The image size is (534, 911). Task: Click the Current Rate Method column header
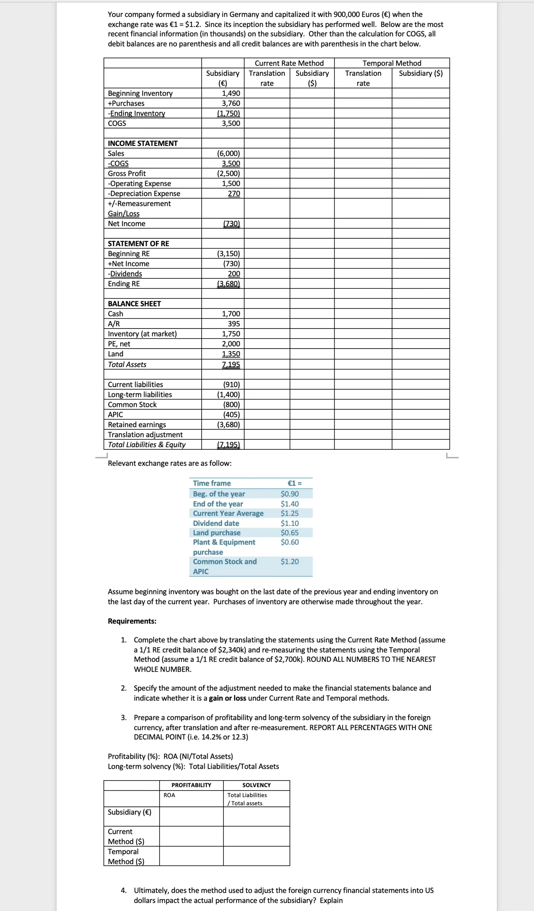point(289,63)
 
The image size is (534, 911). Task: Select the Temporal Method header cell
point(392,63)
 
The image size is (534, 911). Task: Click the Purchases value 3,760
point(231,103)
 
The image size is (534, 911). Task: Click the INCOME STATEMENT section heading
point(142,143)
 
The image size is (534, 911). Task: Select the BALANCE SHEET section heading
point(134,304)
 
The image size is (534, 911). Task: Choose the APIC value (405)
point(231,415)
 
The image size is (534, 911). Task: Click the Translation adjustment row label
point(145,435)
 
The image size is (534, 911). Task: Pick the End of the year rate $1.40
point(290,504)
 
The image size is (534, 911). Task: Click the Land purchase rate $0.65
point(290,532)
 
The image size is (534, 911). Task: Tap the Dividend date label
point(216,523)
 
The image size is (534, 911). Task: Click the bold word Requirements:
point(132,621)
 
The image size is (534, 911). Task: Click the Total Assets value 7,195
point(231,365)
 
